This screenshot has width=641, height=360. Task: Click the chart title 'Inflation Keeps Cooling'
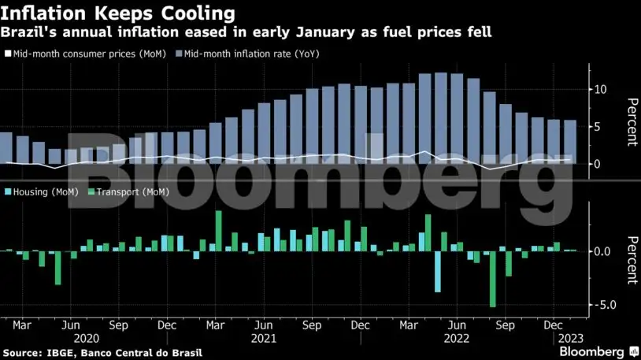click(x=118, y=13)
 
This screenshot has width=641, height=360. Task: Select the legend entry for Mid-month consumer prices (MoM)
click(x=87, y=54)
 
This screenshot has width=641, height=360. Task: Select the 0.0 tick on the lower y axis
click(x=602, y=252)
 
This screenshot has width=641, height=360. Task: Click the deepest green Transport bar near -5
click(x=493, y=279)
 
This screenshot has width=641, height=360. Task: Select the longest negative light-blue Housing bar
click(x=438, y=271)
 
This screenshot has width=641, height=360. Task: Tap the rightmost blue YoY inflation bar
click(x=569, y=142)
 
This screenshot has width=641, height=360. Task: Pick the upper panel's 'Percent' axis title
click(x=631, y=122)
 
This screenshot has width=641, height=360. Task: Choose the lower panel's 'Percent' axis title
click(x=631, y=259)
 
